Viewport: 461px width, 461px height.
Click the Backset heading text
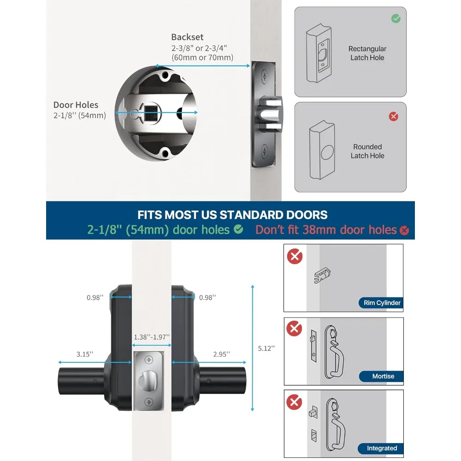(187, 37)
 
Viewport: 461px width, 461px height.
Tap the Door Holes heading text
(76, 105)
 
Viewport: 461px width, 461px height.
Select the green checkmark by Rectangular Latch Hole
(396, 19)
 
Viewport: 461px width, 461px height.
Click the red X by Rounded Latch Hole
(393, 117)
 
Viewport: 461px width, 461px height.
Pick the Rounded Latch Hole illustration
(324, 151)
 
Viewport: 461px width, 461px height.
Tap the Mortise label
(383, 376)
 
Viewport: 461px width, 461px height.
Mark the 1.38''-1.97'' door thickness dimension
(151, 337)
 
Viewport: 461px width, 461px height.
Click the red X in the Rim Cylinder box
(295, 256)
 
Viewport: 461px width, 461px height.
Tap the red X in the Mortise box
(295, 329)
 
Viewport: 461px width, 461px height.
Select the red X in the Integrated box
(295, 402)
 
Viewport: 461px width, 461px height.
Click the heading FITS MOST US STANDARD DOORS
(232, 215)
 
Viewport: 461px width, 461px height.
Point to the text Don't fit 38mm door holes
(326, 230)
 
